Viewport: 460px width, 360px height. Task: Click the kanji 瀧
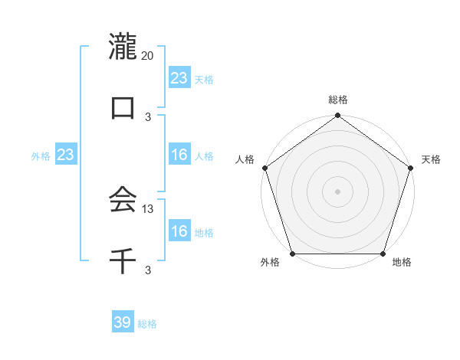[x=123, y=47]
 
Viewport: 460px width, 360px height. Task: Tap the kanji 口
[x=123, y=108]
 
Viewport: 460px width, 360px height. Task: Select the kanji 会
[x=123, y=200]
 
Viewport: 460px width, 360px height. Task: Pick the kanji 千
[x=123, y=261]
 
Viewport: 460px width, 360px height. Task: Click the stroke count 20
[x=148, y=56]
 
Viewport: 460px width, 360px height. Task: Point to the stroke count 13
[x=148, y=208]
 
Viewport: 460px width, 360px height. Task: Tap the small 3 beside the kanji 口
[x=148, y=117]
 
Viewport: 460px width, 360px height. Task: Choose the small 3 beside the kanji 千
[x=148, y=270]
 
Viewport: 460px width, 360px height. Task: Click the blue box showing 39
[x=123, y=322]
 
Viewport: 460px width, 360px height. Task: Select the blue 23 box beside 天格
[x=179, y=78]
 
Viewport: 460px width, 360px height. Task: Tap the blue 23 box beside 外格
[x=66, y=155]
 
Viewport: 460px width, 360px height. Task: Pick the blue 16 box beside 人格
[x=179, y=155]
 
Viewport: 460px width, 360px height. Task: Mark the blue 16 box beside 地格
[x=179, y=231]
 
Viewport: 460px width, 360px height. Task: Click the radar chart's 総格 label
[x=338, y=100]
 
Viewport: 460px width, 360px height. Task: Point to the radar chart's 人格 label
[x=245, y=159]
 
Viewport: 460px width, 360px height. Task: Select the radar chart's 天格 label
[x=431, y=159]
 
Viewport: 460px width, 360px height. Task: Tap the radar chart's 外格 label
[x=270, y=263]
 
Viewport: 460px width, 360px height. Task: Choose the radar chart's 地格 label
[x=402, y=263]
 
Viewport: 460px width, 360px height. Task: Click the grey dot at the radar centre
[x=338, y=191]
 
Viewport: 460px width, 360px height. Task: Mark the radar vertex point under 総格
[x=338, y=116]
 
